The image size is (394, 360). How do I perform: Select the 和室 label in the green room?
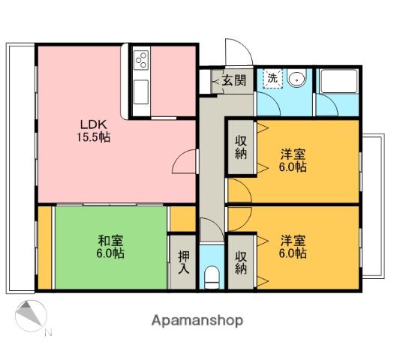[x=110, y=241]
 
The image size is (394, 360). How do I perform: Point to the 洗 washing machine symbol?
[x=272, y=78]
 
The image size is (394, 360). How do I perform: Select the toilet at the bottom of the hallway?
[x=212, y=277]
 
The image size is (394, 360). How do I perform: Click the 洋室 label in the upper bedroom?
[x=293, y=154]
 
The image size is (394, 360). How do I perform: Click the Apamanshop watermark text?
[x=197, y=320]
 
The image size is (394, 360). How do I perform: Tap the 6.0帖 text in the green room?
[x=110, y=253]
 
